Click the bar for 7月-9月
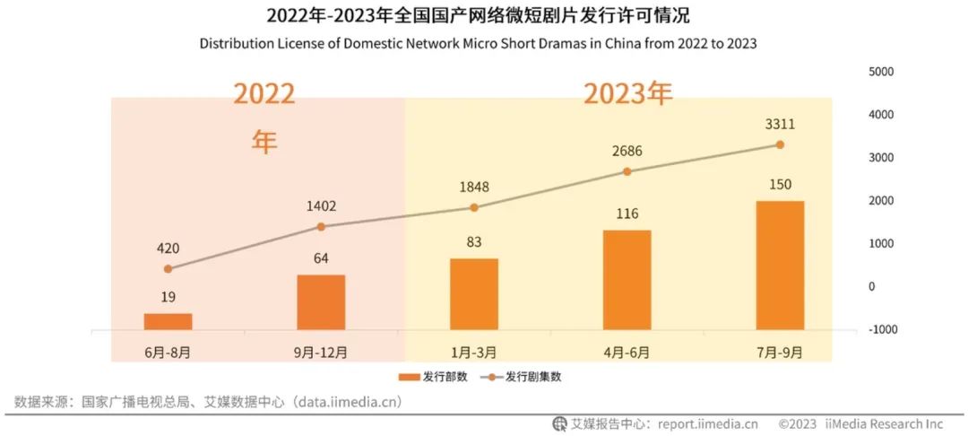click(780, 266)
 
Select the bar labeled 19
click(169, 321)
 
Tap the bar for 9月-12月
click(321, 302)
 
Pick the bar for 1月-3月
click(474, 294)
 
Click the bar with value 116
click(627, 280)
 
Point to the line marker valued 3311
click(780, 144)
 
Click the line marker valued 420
click(169, 268)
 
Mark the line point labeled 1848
click(474, 207)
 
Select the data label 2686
click(627, 151)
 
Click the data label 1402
click(321, 205)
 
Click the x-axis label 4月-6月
click(627, 351)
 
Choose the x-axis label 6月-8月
click(169, 351)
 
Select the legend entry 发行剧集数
click(529, 377)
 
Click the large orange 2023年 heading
click(627, 93)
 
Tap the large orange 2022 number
click(264, 94)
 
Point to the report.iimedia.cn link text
click(708, 423)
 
